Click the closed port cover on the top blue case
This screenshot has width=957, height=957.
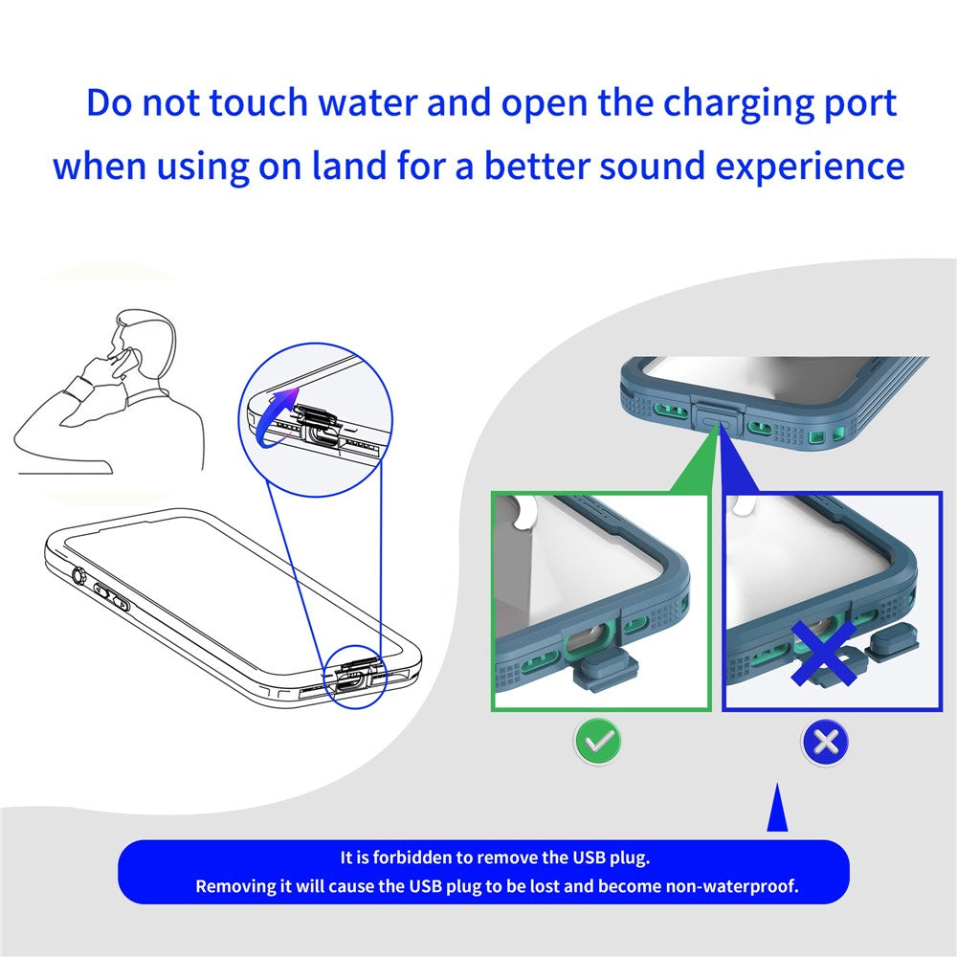click(x=717, y=413)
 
